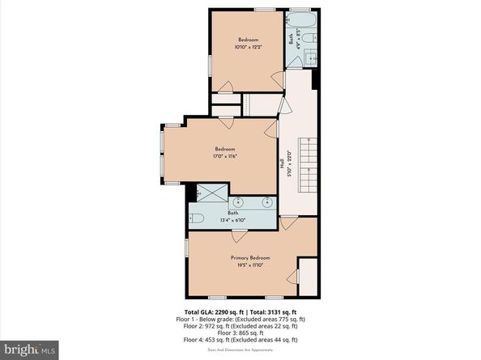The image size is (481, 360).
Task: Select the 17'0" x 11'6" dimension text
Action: pyautogui.click(x=225, y=156)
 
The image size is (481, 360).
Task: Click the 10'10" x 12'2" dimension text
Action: pyautogui.click(x=248, y=48)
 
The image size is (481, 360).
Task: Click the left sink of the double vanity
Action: pyautogui.click(x=239, y=201)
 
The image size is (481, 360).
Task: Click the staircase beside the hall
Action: pyautogui.click(x=307, y=166)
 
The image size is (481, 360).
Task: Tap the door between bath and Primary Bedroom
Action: pyautogui.click(x=239, y=235)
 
